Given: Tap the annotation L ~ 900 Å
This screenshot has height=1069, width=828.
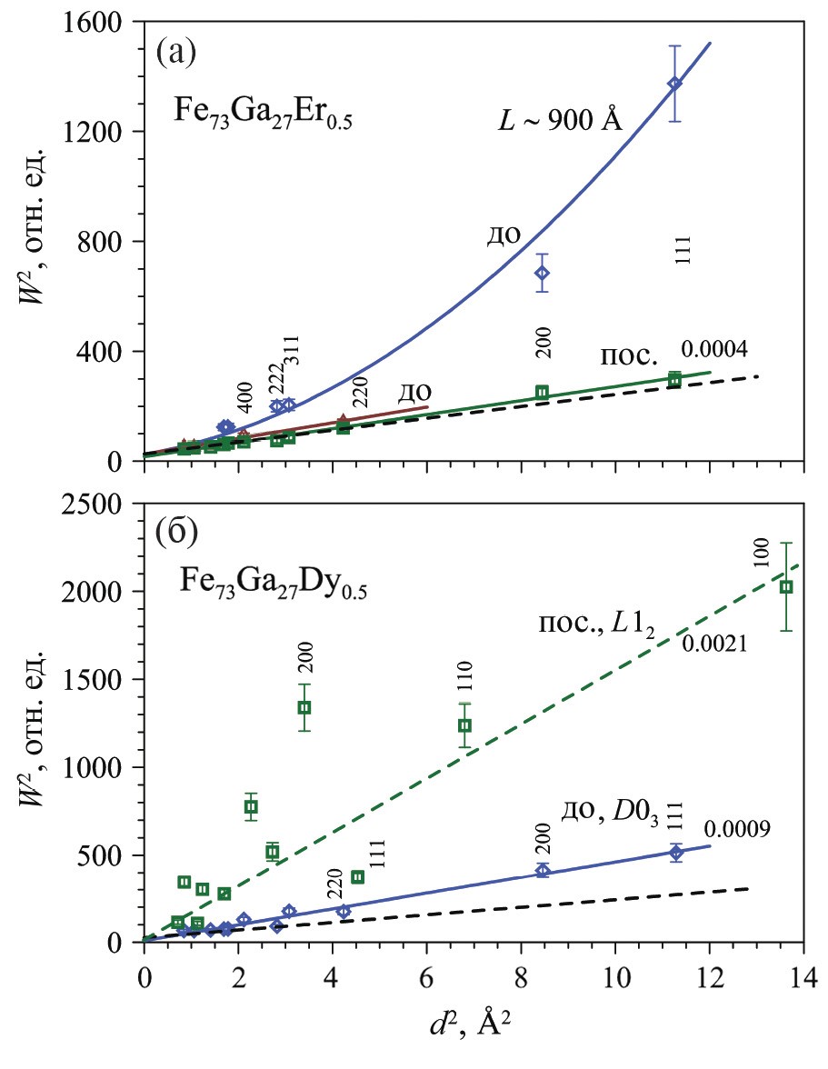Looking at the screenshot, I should pos(559,119).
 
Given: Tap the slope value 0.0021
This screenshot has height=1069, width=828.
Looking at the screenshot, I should pos(714,644).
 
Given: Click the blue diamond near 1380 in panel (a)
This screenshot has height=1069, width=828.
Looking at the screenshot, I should pos(674,84).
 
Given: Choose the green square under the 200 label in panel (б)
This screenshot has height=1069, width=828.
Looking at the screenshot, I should pos(304,707).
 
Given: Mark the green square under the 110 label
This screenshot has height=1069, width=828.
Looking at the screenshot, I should pos(464,725).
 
